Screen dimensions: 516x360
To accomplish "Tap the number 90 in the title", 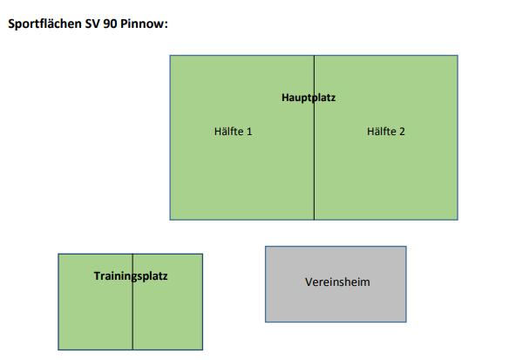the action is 110,24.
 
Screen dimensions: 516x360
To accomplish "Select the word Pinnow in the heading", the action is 144,24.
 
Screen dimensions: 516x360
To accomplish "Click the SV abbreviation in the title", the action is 92,24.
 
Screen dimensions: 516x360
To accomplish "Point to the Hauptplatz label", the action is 309,98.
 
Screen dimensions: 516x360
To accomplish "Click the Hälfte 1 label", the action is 233,132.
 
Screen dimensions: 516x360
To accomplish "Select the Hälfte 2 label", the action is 385,132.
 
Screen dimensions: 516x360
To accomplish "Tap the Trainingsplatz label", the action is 131,276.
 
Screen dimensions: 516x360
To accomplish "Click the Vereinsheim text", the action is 337,282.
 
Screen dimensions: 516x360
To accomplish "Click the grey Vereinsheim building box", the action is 336,284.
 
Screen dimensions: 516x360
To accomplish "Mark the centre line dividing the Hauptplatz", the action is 314,138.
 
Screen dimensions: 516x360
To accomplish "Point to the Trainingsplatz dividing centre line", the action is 132,302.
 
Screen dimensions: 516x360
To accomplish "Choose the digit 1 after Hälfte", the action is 249,132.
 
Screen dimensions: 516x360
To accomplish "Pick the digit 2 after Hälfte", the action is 402,132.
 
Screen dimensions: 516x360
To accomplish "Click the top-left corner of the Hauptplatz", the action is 170,56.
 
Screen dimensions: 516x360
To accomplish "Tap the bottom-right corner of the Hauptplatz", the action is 458,220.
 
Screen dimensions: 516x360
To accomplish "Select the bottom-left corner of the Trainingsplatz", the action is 58,350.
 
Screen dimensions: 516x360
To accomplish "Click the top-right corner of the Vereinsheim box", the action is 406,247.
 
